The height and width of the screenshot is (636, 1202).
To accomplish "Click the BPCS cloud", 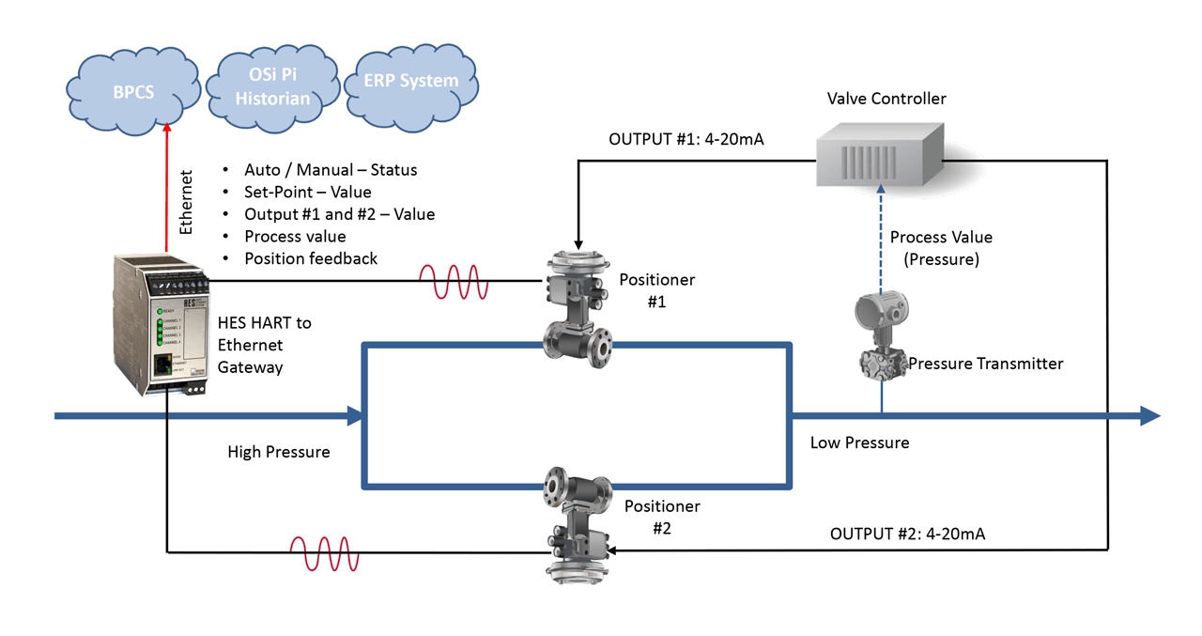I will pos(134,93).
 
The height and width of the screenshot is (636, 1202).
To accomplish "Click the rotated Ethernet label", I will pos(186,201).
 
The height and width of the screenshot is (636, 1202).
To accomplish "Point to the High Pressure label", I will pos(279,452).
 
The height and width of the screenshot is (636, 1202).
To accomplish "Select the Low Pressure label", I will pos(859,442).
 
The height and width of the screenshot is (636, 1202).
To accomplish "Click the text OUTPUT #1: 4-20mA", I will pos(686,140).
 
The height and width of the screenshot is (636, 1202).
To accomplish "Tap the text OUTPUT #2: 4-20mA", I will pos(907,534).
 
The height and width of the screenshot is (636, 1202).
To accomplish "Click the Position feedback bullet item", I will pos(310,258).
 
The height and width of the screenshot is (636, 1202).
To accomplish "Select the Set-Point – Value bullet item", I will pos(307,192).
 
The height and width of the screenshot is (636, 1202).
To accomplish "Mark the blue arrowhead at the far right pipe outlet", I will pos(1150,415).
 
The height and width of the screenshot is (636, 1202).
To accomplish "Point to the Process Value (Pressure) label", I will pos(940,248).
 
